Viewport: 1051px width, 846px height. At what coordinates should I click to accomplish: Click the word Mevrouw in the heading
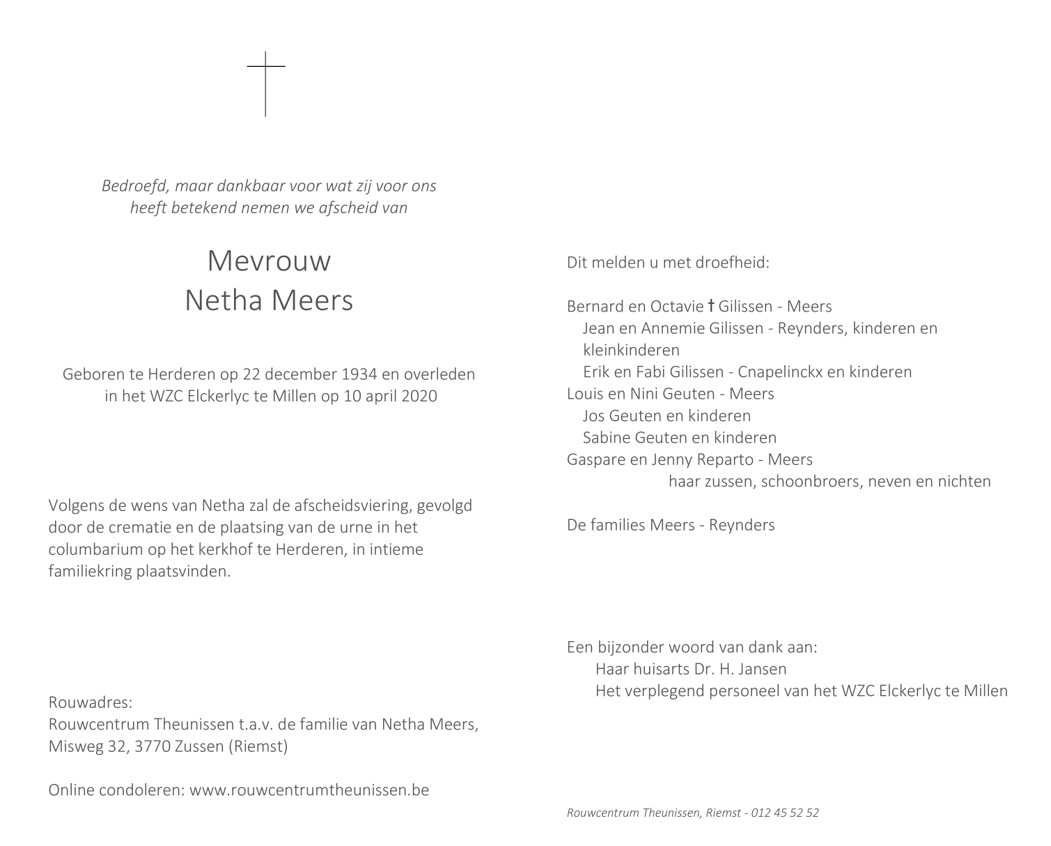pyautogui.click(x=269, y=261)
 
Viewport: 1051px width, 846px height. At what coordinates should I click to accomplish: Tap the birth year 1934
pyautogui.click(x=359, y=374)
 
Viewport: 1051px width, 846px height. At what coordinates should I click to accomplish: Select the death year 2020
pyautogui.click(x=419, y=397)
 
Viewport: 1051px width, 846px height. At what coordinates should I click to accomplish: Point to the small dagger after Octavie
pyautogui.click(x=711, y=305)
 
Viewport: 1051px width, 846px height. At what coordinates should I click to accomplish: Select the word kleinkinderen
pyautogui.click(x=631, y=350)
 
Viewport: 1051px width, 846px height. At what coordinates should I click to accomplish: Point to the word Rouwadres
pyautogui.click(x=90, y=702)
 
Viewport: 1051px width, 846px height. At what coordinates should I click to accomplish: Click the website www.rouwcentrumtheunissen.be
pyautogui.click(x=309, y=790)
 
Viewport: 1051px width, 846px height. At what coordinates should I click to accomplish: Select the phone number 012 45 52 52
pyautogui.click(x=786, y=813)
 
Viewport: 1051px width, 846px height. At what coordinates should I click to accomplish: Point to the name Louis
pyautogui.click(x=585, y=394)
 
